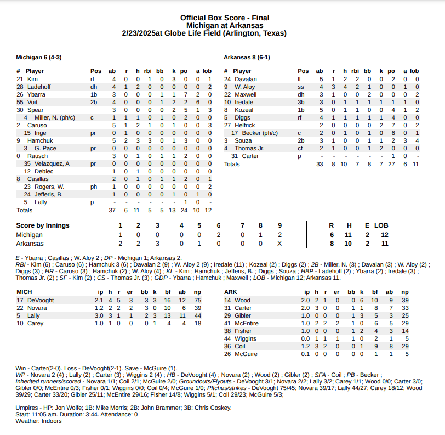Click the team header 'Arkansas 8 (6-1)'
(247, 57)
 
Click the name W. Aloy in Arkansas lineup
(244, 87)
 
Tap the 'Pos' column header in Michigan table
(96, 71)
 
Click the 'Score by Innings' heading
(41, 225)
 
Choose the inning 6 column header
(218, 225)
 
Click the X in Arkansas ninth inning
(279, 244)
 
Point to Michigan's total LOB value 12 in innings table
(385, 234)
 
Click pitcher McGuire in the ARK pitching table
(247, 354)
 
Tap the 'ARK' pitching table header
(231, 292)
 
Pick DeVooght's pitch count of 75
(198, 300)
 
